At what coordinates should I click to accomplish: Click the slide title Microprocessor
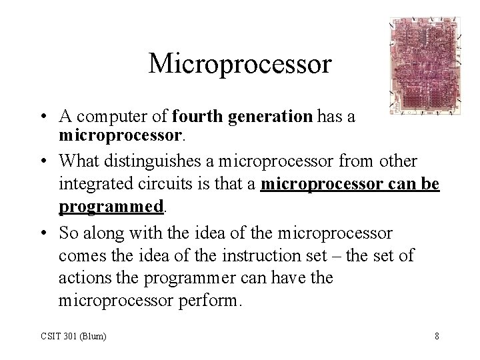[x=239, y=64]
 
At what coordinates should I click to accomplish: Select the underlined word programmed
[x=111, y=207]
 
